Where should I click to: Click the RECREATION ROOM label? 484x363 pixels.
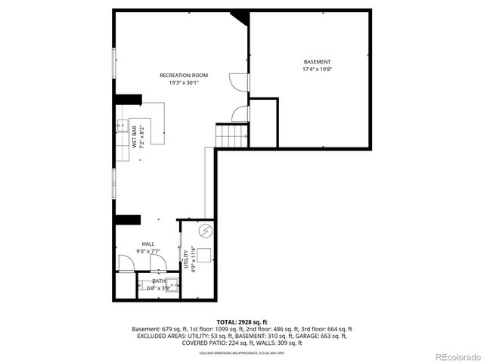pyautogui.click(x=183, y=76)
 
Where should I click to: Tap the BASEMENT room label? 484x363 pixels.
pyautogui.click(x=317, y=61)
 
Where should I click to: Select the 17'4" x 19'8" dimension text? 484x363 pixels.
pyautogui.click(x=317, y=69)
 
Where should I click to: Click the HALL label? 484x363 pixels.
pyautogui.click(x=148, y=244)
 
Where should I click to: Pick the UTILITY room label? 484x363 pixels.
pyautogui.click(x=186, y=259)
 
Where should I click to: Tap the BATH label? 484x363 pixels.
pyautogui.click(x=158, y=281)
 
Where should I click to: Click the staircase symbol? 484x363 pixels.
pyautogui.click(x=232, y=136)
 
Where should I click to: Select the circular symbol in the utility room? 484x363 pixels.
pyautogui.click(x=204, y=231)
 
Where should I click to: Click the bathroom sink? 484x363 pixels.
pyautogui.click(x=172, y=285)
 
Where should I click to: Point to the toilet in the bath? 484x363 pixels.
pyautogui.click(x=143, y=286)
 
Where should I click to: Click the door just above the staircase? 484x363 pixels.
pyautogui.click(x=240, y=113)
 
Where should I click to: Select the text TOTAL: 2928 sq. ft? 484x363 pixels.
pyautogui.click(x=242, y=321)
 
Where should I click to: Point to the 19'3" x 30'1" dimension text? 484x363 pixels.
pyautogui.click(x=183, y=83)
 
